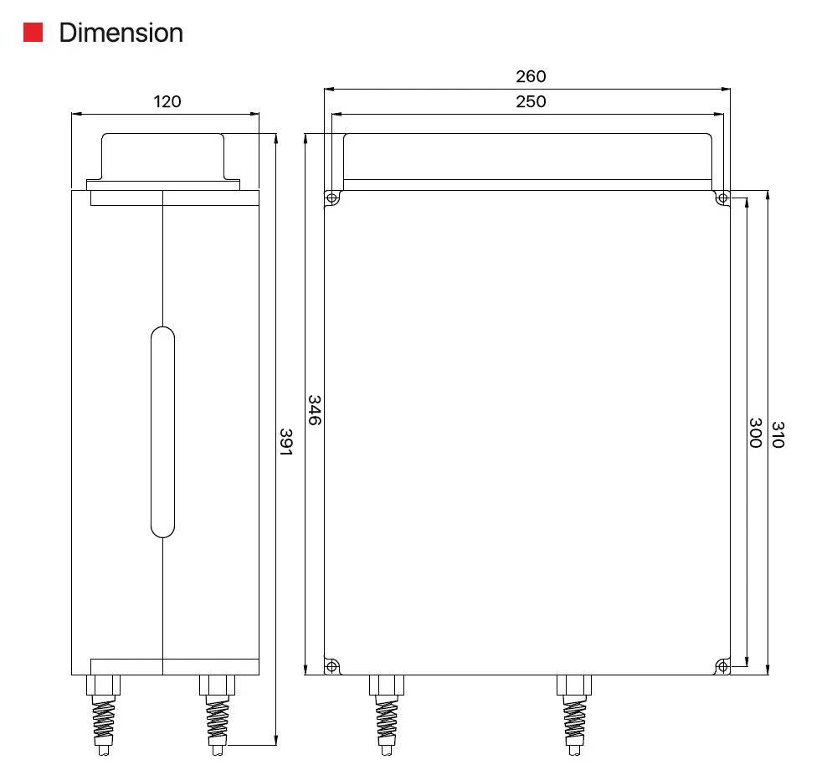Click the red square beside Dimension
(33, 32)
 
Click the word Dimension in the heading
(121, 33)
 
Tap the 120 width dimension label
(167, 101)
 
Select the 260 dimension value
(531, 76)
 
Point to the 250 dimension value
(531, 101)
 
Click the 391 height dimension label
(286, 442)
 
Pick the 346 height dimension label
(315, 410)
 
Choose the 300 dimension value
(755, 433)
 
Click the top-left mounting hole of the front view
(332, 198)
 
